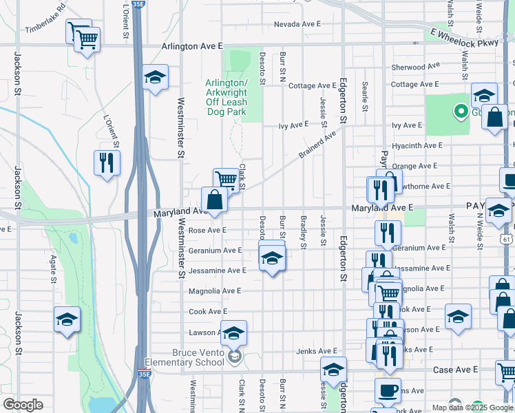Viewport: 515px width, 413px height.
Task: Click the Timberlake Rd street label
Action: point(45,19)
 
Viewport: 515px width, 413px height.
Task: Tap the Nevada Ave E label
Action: point(297,23)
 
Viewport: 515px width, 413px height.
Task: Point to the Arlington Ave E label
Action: point(192,46)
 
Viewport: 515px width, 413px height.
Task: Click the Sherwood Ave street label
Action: point(415,67)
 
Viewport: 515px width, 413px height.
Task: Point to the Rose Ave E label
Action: point(207,230)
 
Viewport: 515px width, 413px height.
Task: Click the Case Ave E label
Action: point(455,370)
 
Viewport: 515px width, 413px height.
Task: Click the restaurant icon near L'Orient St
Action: point(107,164)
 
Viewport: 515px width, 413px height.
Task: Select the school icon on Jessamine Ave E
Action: point(272,260)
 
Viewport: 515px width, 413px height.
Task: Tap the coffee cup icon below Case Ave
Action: point(388,390)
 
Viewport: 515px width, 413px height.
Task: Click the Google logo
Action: point(23,405)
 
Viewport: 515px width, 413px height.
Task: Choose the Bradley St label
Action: point(303,233)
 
